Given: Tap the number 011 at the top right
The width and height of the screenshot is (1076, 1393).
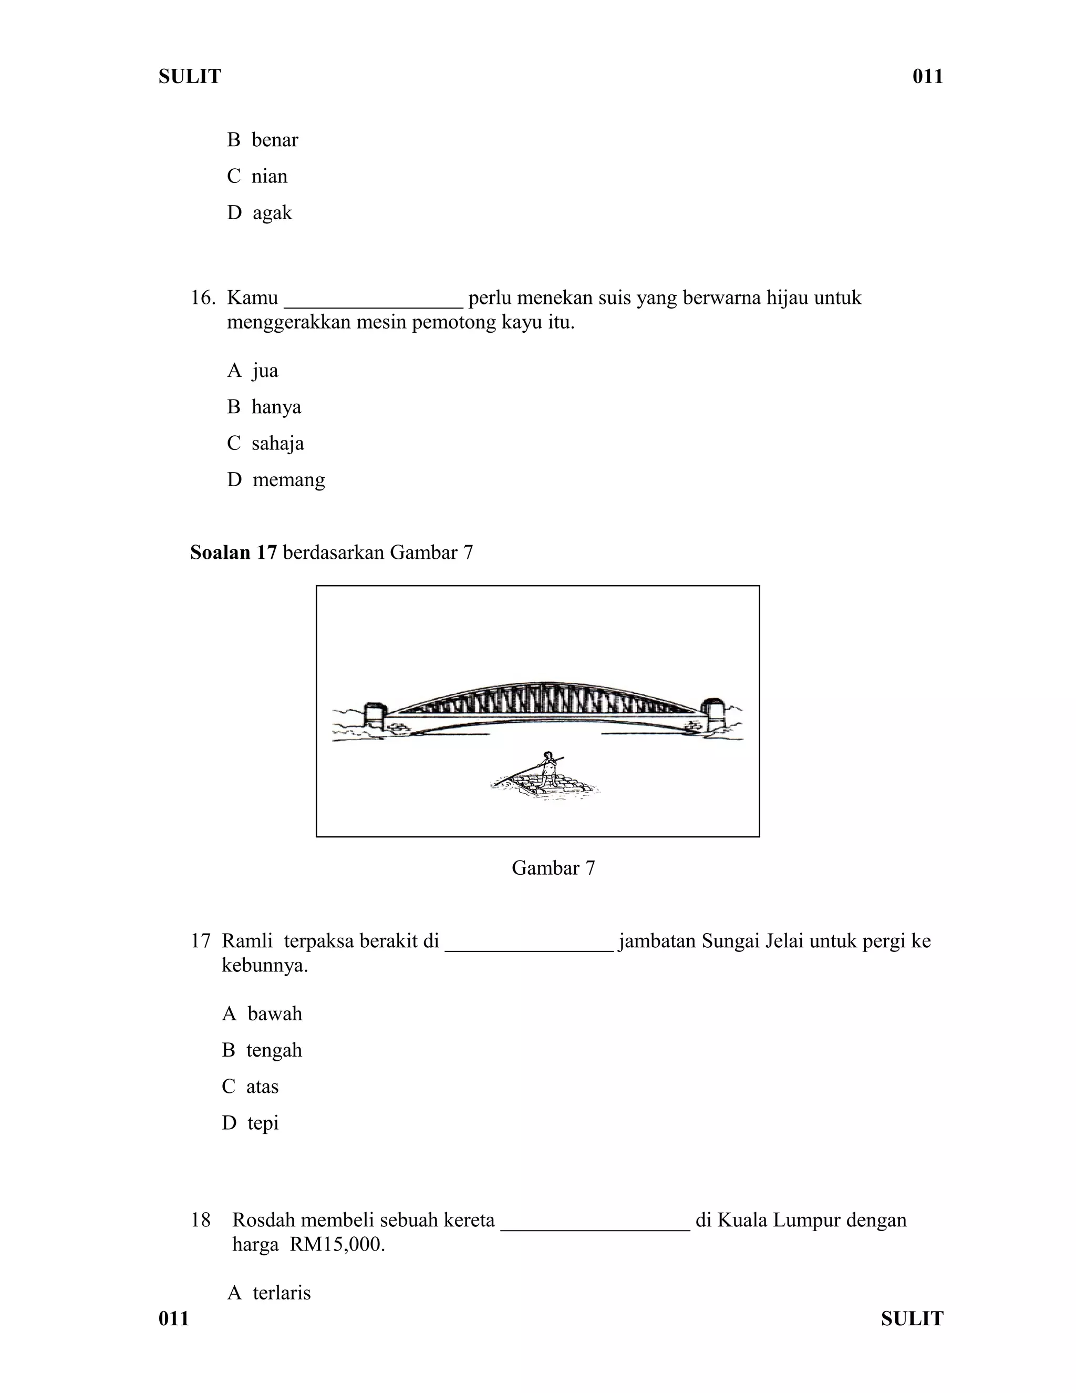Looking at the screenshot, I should click(x=927, y=77).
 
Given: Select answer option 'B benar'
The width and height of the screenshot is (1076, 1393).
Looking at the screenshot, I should click(x=262, y=140).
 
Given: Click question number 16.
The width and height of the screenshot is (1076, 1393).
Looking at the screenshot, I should click(x=202, y=298).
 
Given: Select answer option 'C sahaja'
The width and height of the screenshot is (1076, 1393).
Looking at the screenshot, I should click(x=265, y=443).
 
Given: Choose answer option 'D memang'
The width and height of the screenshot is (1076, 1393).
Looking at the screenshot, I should click(x=275, y=479).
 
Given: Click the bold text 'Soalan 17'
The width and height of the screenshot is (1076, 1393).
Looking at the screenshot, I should click(x=233, y=552).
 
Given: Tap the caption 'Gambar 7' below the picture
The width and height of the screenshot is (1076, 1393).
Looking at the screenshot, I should click(x=553, y=868).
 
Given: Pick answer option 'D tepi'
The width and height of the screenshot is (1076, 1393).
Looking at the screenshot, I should click(x=250, y=1123).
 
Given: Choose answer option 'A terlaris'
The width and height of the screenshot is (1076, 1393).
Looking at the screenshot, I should click(x=268, y=1293).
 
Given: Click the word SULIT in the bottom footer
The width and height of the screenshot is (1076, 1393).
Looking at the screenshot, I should click(x=912, y=1318).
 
